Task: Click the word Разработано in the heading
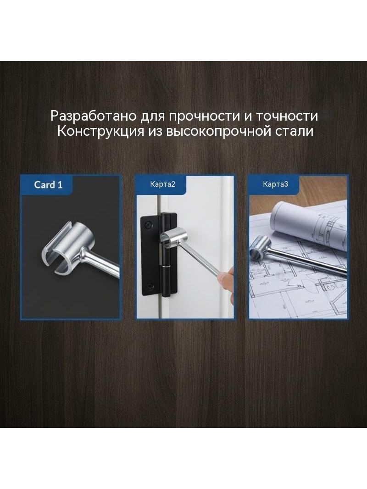point(94,116)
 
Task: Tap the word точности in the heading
point(287,116)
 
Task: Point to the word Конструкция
point(100,132)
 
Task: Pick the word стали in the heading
point(295,132)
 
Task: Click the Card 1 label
point(48,185)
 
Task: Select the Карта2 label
point(162,184)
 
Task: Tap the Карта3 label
point(275,184)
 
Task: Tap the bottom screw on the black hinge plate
point(150,285)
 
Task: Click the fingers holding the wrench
point(225,277)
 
